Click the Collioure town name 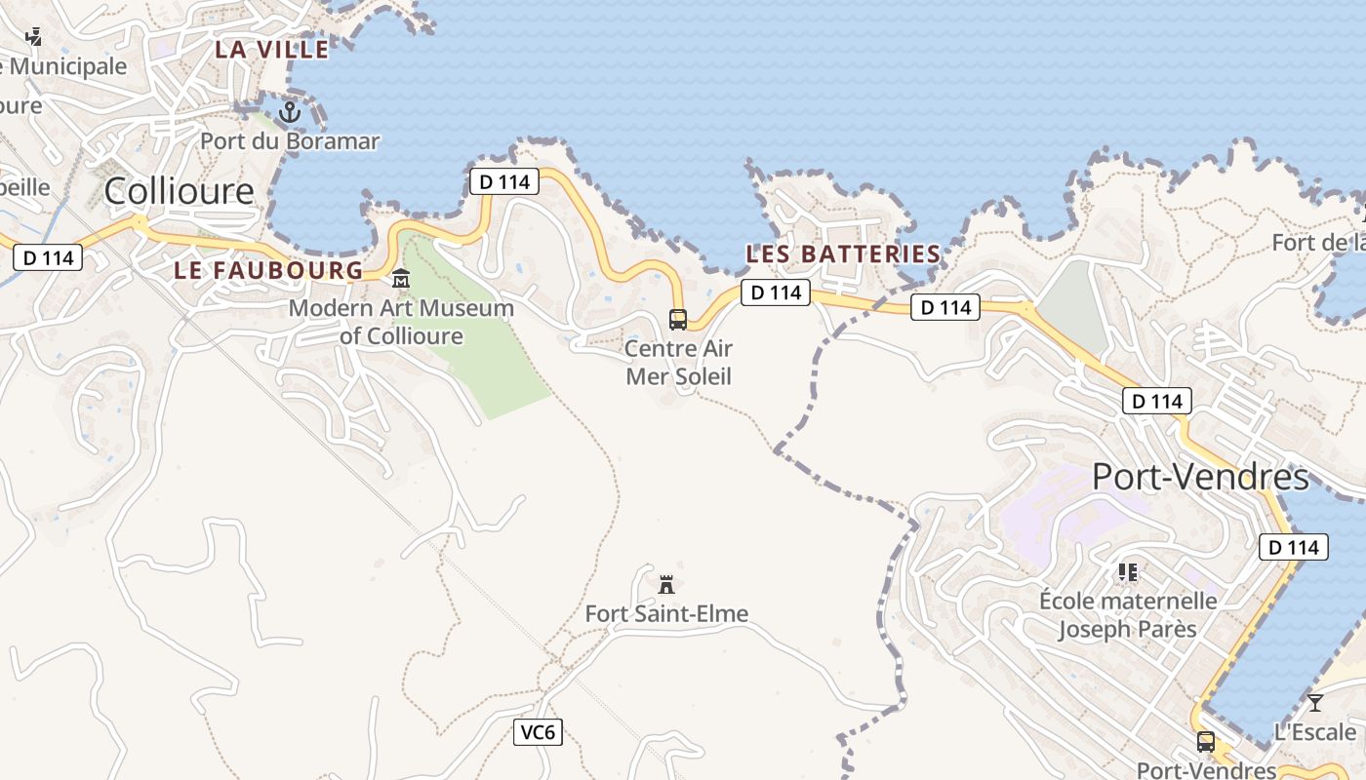(x=179, y=191)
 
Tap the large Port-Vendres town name (x=1199, y=477)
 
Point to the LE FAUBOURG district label (x=268, y=270)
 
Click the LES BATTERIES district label (x=843, y=254)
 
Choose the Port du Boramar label (x=290, y=141)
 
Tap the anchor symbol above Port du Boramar (x=289, y=113)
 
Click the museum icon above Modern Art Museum (x=401, y=280)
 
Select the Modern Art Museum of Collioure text (x=401, y=322)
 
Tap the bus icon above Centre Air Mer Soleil (x=677, y=319)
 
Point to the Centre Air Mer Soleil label (x=678, y=362)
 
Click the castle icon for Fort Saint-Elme (x=666, y=584)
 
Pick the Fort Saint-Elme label (x=666, y=613)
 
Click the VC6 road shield (x=539, y=732)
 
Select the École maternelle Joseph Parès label (x=1128, y=614)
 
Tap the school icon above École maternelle (x=1128, y=572)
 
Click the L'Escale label (x=1315, y=731)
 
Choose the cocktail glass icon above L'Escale (x=1315, y=702)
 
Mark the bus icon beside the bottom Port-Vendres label (x=1206, y=742)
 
